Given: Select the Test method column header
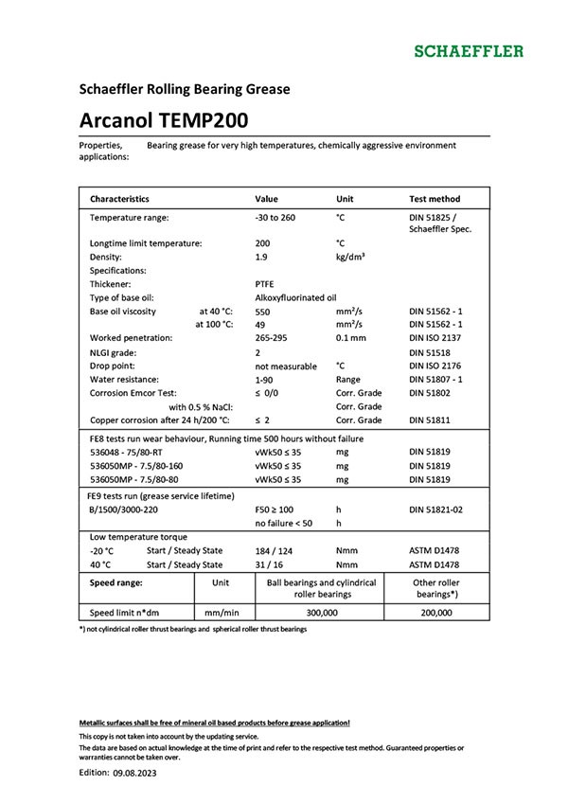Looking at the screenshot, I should [x=435, y=200].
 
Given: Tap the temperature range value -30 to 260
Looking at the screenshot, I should [x=275, y=218].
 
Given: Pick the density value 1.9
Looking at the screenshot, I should [x=262, y=257].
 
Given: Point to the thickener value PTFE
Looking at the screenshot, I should [x=265, y=283].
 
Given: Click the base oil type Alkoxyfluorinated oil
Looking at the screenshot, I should [x=295, y=297].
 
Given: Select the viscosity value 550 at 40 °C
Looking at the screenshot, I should [x=263, y=311].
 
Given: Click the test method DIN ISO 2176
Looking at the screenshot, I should [x=440, y=366].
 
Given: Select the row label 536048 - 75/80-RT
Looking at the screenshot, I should [x=136, y=453].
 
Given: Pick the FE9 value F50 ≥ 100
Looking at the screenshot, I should [x=275, y=509].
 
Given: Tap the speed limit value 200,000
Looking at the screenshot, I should [x=436, y=613].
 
